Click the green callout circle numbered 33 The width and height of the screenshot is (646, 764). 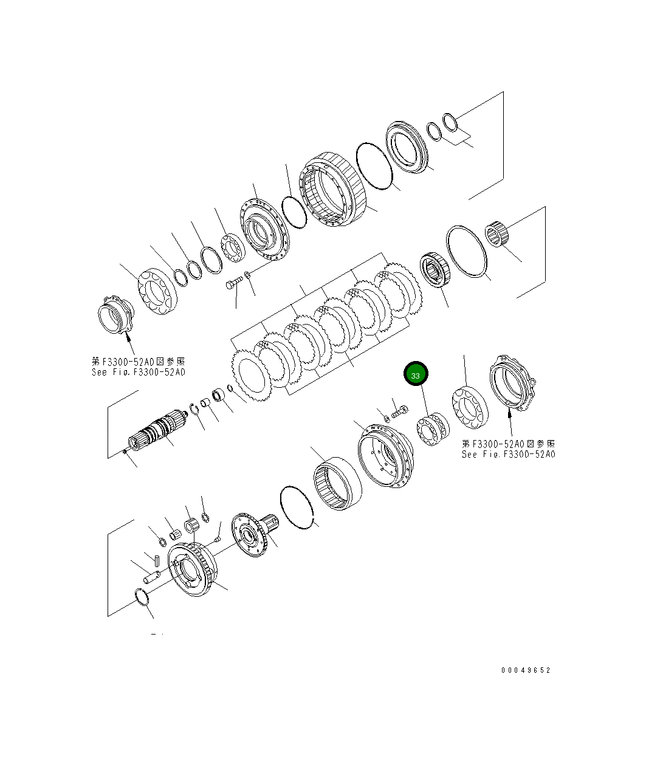coord(416,375)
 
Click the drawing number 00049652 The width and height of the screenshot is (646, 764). coord(526,670)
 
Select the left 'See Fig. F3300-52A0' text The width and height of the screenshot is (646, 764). coord(139,372)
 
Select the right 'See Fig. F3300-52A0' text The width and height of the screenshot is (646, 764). coord(508,454)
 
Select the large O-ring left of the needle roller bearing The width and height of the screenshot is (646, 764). coord(467,252)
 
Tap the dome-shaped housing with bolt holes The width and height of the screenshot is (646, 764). coord(386,456)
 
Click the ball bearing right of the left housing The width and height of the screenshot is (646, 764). coord(157,294)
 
